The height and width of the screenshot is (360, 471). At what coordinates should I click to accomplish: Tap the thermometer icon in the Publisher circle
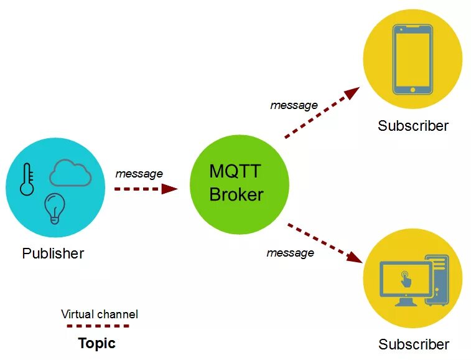click(x=27, y=179)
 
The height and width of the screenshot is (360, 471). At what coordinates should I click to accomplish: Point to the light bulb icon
click(x=54, y=207)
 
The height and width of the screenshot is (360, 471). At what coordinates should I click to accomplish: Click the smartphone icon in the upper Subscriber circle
click(x=413, y=59)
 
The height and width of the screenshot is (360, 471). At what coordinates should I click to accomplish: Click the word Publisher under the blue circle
click(x=53, y=253)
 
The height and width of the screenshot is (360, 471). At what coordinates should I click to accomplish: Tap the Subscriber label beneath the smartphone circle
click(x=413, y=126)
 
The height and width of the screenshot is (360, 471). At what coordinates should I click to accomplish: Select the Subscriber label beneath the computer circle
click(x=413, y=344)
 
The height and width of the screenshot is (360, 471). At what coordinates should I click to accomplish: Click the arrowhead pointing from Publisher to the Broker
click(x=170, y=188)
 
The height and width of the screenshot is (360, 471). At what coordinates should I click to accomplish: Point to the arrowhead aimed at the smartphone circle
click(x=352, y=93)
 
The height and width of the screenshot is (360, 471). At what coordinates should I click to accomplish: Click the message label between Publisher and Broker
click(x=139, y=174)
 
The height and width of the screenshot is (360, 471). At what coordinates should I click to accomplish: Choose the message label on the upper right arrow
click(x=294, y=105)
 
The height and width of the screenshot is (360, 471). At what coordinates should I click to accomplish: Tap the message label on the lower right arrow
click(x=290, y=253)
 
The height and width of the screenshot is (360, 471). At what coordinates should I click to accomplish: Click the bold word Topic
click(x=96, y=343)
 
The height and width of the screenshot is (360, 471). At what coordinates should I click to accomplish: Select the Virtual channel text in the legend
click(x=100, y=314)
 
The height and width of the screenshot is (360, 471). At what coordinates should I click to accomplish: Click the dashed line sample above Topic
click(x=98, y=326)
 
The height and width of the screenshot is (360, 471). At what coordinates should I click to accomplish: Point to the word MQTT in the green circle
click(x=234, y=171)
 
